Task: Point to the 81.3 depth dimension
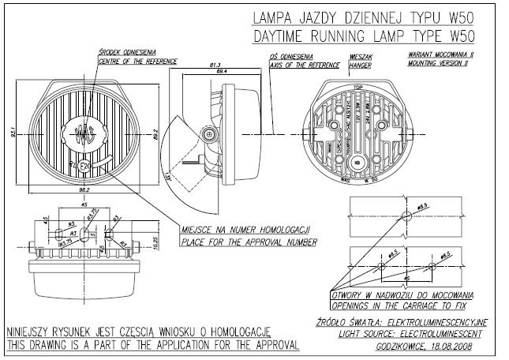point(215,66)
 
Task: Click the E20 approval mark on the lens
point(84,165)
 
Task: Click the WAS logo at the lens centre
point(84,133)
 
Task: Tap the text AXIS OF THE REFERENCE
point(302,66)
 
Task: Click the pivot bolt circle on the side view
point(208,135)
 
